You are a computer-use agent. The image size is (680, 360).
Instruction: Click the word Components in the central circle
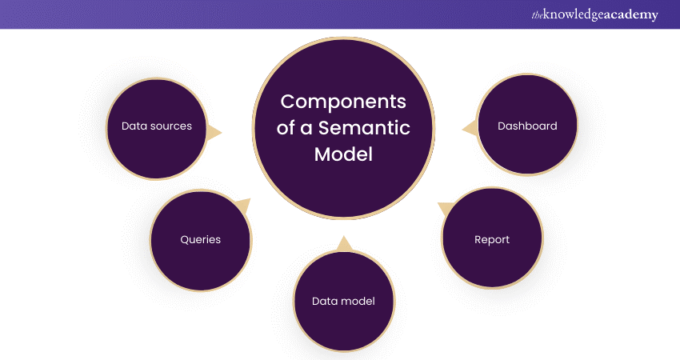click(x=343, y=102)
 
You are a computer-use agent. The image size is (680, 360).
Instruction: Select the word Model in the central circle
click(x=343, y=154)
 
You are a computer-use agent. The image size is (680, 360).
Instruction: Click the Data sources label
click(x=157, y=126)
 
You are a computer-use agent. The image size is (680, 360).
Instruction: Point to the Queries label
click(x=200, y=239)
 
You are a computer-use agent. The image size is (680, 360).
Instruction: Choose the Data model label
click(x=343, y=301)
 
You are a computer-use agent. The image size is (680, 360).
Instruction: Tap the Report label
click(x=492, y=239)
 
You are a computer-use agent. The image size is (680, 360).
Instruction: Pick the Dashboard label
click(x=527, y=126)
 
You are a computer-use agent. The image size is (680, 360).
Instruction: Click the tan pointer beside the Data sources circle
click(x=214, y=131)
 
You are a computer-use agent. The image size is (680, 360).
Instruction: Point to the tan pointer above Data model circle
click(x=344, y=243)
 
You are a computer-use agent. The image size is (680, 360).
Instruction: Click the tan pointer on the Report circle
click(x=444, y=210)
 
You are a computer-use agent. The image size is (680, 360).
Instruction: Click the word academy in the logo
click(x=631, y=15)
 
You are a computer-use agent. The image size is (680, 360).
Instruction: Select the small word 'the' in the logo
click(x=538, y=14)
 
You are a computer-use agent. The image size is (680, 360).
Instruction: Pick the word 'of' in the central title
click(x=290, y=128)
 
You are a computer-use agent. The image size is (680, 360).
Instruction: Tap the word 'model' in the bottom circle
click(x=358, y=301)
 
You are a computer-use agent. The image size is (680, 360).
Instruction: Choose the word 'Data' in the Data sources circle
click(x=134, y=126)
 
